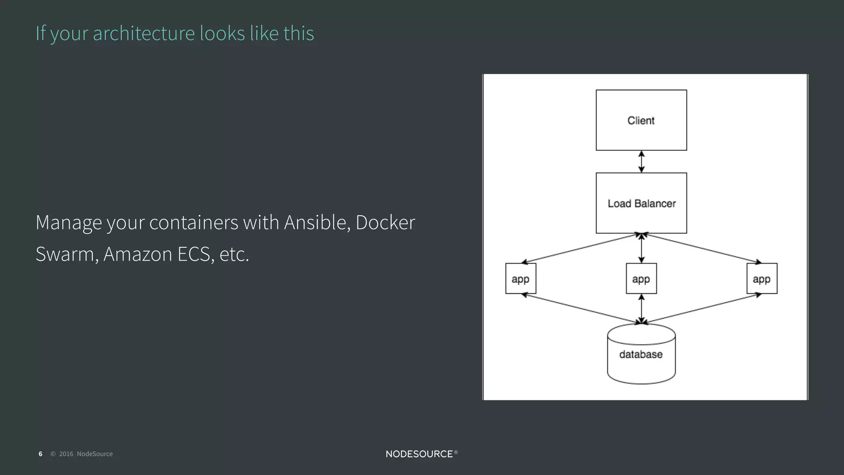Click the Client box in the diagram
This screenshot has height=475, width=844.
point(641,120)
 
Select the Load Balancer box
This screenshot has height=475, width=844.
point(641,203)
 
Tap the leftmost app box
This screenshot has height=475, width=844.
point(520,279)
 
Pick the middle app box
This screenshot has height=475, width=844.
point(641,279)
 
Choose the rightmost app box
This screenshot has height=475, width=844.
point(762,279)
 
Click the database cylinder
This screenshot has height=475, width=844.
point(641,355)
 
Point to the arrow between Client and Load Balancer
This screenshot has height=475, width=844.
point(641,162)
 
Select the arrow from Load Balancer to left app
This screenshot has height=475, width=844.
point(581,248)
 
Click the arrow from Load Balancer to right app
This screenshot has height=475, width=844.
point(701,248)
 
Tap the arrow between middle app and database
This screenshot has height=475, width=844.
point(641,309)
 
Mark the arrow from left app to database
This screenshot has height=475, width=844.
point(581,308)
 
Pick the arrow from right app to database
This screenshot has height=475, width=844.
point(701,308)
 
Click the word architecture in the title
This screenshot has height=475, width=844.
point(143,33)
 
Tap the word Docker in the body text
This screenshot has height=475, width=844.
point(385,223)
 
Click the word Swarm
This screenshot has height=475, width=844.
point(66,254)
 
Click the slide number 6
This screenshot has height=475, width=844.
point(40,454)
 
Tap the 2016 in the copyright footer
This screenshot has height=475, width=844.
point(66,454)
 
